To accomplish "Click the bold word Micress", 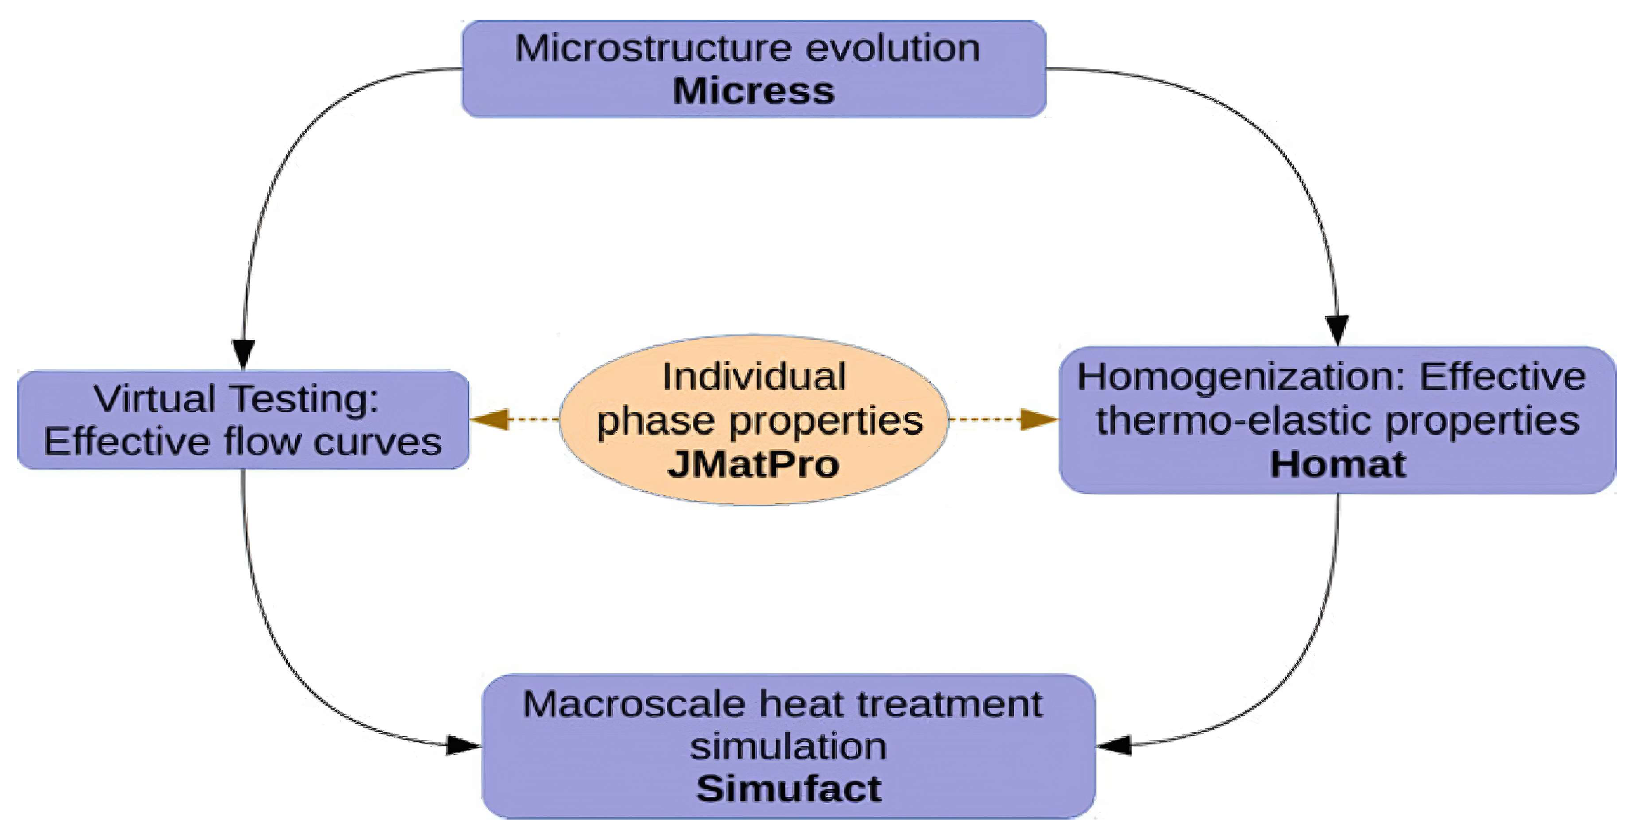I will pyautogui.click(x=753, y=91).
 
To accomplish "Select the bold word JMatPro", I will pyautogui.click(x=753, y=464).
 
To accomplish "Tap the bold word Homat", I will pyautogui.click(x=1337, y=464).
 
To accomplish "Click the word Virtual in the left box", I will pyautogui.click(x=155, y=399).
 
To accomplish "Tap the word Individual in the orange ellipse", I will pyautogui.click(x=753, y=376).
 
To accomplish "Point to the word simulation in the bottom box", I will pyautogui.click(x=788, y=746).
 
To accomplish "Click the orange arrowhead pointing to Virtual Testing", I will pyautogui.click(x=489, y=419).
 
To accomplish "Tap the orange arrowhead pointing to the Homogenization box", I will pyautogui.click(x=1038, y=419).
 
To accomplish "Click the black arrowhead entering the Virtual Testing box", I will pyautogui.click(x=243, y=354).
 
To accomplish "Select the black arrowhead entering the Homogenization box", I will pyautogui.click(x=1337, y=329).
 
